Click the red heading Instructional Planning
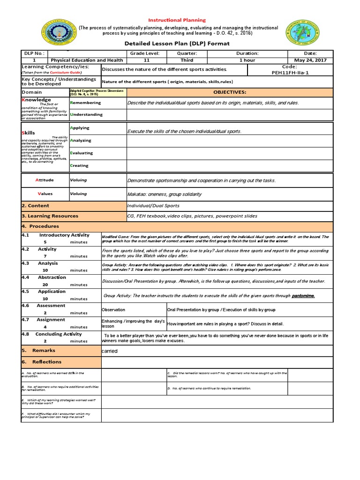(x=177, y=20)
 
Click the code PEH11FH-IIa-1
(x=290, y=73)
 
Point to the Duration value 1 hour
(x=247, y=60)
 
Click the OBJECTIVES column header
(x=230, y=92)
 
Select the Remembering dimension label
(x=85, y=103)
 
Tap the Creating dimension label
(x=79, y=165)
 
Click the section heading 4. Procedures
(x=40, y=226)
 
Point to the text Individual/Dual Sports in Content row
(x=153, y=206)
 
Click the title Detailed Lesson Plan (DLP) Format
(x=177, y=44)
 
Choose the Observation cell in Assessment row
(x=113, y=310)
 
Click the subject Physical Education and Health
(x=87, y=60)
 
